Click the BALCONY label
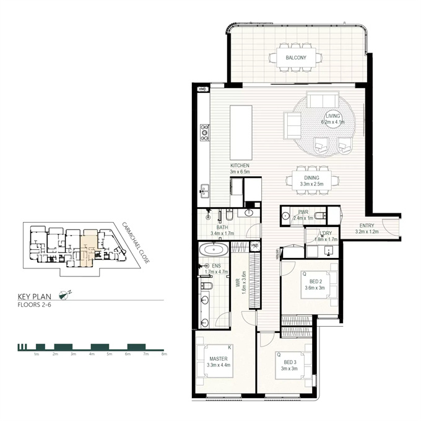click(296, 58)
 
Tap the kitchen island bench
click(241, 133)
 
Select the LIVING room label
click(332, 116)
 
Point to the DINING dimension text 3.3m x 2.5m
click(311, 184)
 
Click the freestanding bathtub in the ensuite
click(214, 250)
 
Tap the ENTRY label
click(367, 226)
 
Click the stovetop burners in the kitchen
click(205, 133)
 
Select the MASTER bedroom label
click(219, 358)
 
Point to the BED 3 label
click(290, 362)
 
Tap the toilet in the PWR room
click(321, 215)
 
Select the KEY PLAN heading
click(35, 296)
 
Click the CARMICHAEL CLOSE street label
click(136, 243)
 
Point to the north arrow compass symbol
click(64, 295)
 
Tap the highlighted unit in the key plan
click(87, 248)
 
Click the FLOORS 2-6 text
click(34, 305)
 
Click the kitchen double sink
click(205, 191)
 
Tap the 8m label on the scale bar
click(164, 354)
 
